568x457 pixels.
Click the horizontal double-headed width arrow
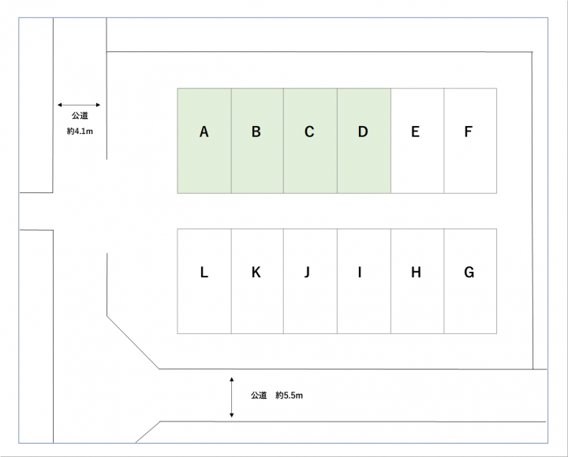79,104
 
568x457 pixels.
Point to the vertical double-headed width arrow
231,397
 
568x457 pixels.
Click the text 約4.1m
80,132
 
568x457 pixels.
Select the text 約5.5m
290,396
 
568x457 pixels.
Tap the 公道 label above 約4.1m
80,117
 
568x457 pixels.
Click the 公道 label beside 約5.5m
260,396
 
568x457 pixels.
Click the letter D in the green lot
363,132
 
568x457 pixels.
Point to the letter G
469,273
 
